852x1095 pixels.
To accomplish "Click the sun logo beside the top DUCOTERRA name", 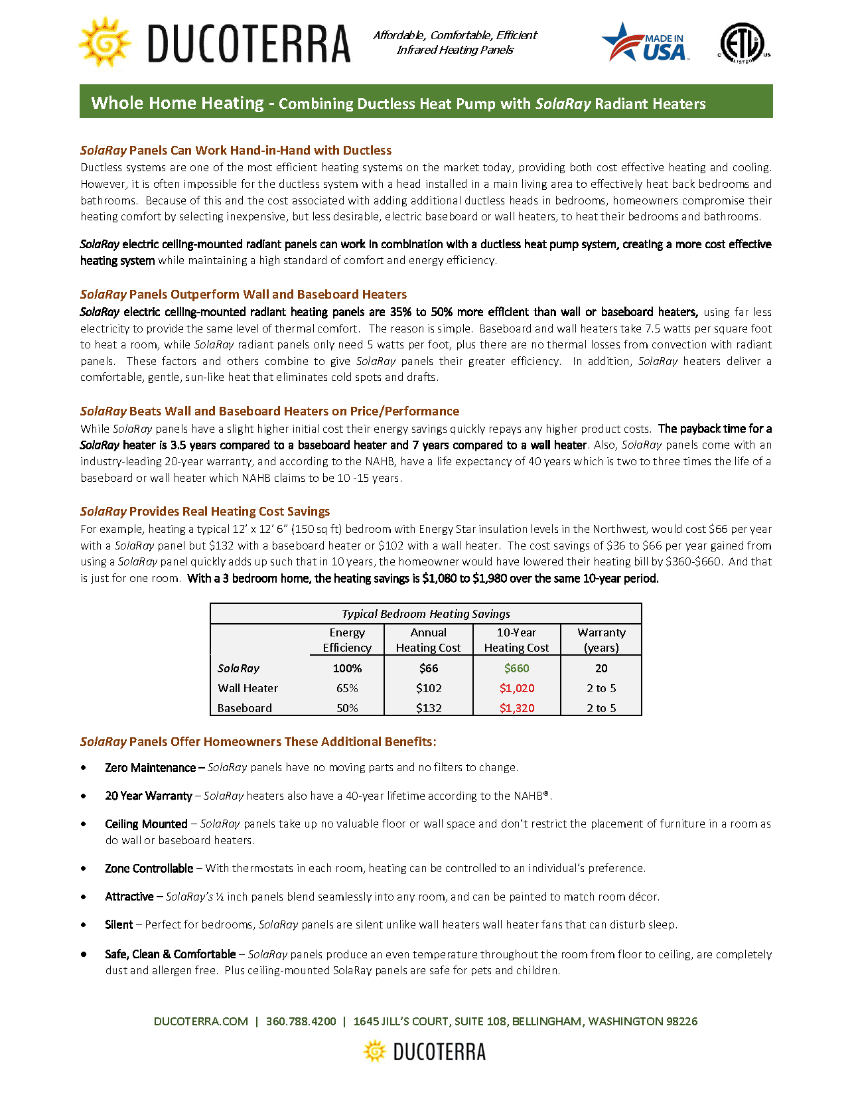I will pyautogui.click(x=104, y=42).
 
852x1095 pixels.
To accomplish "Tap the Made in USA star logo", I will pyautogui.click(x=645, y=43).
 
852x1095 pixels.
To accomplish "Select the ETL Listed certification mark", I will pyautogui.click(x=745, y=44).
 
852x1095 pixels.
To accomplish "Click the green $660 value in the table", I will pyautogui.click(x=516, y=668).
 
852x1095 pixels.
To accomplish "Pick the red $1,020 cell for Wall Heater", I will pyautogui.click(x=516, y=688).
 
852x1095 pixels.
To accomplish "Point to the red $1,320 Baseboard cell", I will pyautogui.click(x=516, y=708).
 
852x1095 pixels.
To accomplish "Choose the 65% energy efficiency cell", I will pyautogui.click(x=347, y=688).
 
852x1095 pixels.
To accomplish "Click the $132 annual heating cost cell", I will pyautogui.click(x=429, y=708).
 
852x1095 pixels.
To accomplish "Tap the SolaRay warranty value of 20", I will pyautogui.click(x=601, y=668).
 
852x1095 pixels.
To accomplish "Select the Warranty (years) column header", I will pyautogui.click(x=601, y=640).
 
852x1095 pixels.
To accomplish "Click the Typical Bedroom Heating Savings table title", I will pyautogui.click(x=426, y=614).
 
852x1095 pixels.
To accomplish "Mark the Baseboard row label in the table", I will pyautogui.click(x=245, y=708).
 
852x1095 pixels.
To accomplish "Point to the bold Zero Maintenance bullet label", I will pyautogui.click(x=150, y=768).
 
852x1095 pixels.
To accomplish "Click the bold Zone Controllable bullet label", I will pyautogui.click(x=149, y=868).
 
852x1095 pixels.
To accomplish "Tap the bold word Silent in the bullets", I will pyautogui.click(x=119, y=924).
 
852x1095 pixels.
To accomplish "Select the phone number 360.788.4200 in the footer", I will pyautogui.click(x=301, y=1021).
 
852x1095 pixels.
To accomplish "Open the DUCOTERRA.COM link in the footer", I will pyautogui.click(x=200, y=1021).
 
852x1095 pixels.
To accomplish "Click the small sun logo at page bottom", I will pyautogui.click(x=375, y=1051).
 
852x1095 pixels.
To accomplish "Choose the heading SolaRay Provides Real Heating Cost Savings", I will pyautogui.click(x=205, y=512).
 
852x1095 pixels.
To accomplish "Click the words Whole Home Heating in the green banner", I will pyautogui.click(x=177, y=103).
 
